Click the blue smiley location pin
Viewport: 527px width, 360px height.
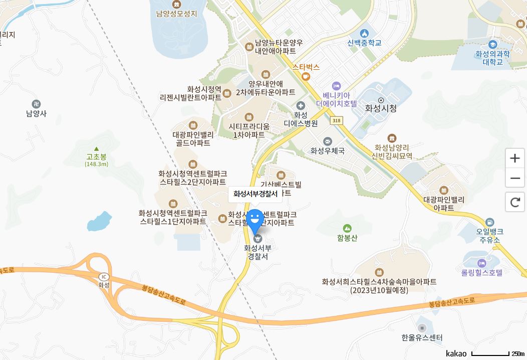pos(255,220)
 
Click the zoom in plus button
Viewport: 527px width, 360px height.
pos(514,158)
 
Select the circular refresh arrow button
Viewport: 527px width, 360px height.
pos(514,202)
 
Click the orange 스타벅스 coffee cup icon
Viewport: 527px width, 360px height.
pos(306,76)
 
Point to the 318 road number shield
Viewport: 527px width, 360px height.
pos(336,120)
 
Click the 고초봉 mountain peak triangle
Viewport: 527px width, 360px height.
pos(96,148)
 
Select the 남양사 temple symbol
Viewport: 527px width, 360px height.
pos(36,104)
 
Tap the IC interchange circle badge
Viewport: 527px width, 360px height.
pos(104,276)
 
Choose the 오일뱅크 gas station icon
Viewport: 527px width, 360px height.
pos(489,222)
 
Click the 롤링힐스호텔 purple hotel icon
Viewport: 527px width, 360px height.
pos(482,263)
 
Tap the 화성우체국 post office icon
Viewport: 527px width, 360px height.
pos(328,141)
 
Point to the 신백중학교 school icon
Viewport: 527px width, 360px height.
pos(364,33)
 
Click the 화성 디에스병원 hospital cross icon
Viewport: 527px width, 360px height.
pos(301,105)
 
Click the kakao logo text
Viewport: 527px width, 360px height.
pos(456,353)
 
